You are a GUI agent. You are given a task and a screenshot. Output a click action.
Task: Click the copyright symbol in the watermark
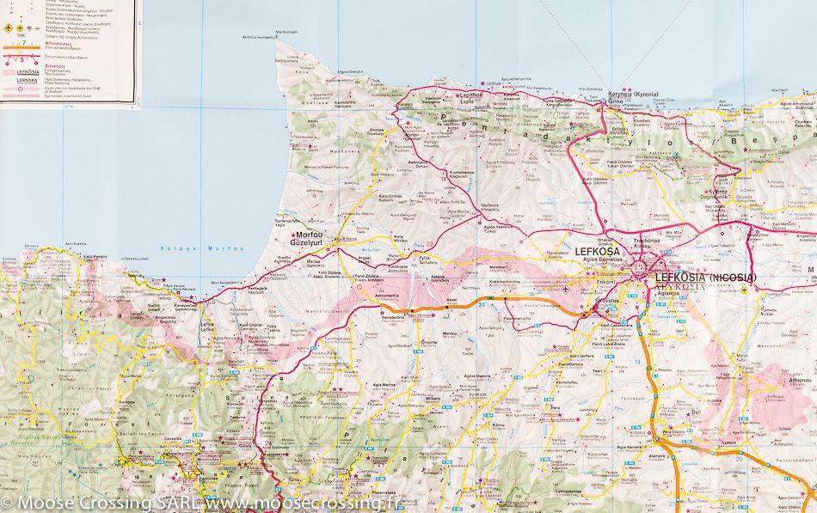point(7,501)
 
